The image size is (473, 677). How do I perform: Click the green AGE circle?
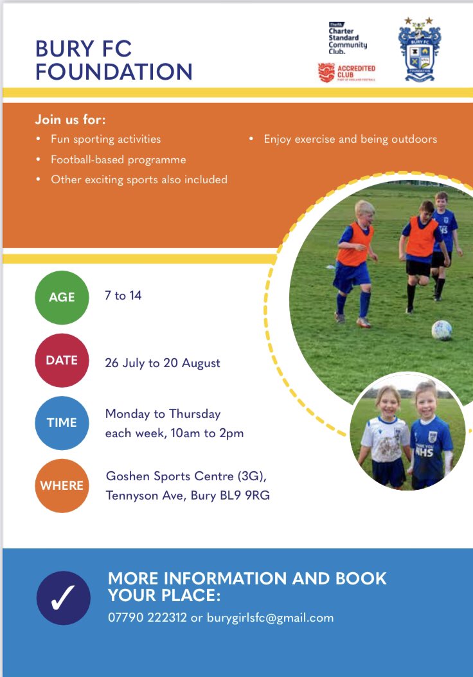coord(62,297)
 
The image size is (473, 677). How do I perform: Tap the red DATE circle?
coord(62,360)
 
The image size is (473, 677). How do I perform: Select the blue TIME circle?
coord(62,422)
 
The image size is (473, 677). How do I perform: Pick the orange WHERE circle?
coord(62,485)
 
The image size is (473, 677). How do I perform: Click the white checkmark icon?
coord(64,597)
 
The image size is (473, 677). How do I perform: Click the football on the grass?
coord(442,330)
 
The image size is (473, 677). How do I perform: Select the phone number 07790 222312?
coord(147,618)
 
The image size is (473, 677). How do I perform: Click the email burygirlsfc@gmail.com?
coord(270,618)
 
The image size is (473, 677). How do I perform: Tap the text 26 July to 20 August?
coord(163,363)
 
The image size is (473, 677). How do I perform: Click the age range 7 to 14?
coord(123,296)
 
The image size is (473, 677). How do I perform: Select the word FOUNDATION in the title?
coord(114,71)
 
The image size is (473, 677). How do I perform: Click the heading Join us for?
coord(70,120)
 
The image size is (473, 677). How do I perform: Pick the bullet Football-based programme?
coord(118,159)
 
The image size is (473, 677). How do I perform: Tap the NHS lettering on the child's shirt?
coord(424,451)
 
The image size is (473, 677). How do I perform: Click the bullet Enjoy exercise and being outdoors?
coord(350,139)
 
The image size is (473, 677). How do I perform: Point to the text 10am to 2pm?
coord(207,433)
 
